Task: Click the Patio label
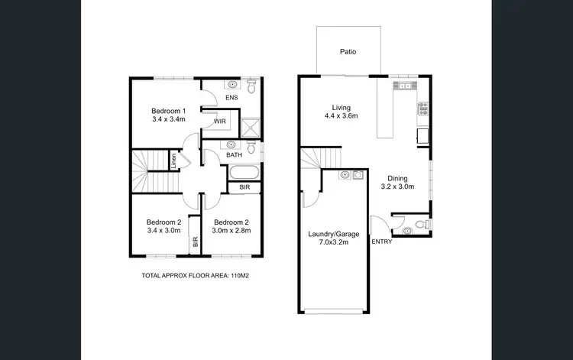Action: tap(348, 53)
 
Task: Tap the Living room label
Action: tap(341, 107)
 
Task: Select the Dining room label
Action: tap(397, 177)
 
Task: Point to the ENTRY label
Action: tap(381, 242)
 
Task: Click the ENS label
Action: tap(231, 99)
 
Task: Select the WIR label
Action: tap(219, 122)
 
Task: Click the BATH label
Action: tap(235, 155)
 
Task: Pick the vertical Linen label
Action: tap(174, 162)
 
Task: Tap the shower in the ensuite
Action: tap(249, 126)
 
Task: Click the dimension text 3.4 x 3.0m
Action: tap(163, 232)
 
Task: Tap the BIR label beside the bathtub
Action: tap(244, 187)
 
